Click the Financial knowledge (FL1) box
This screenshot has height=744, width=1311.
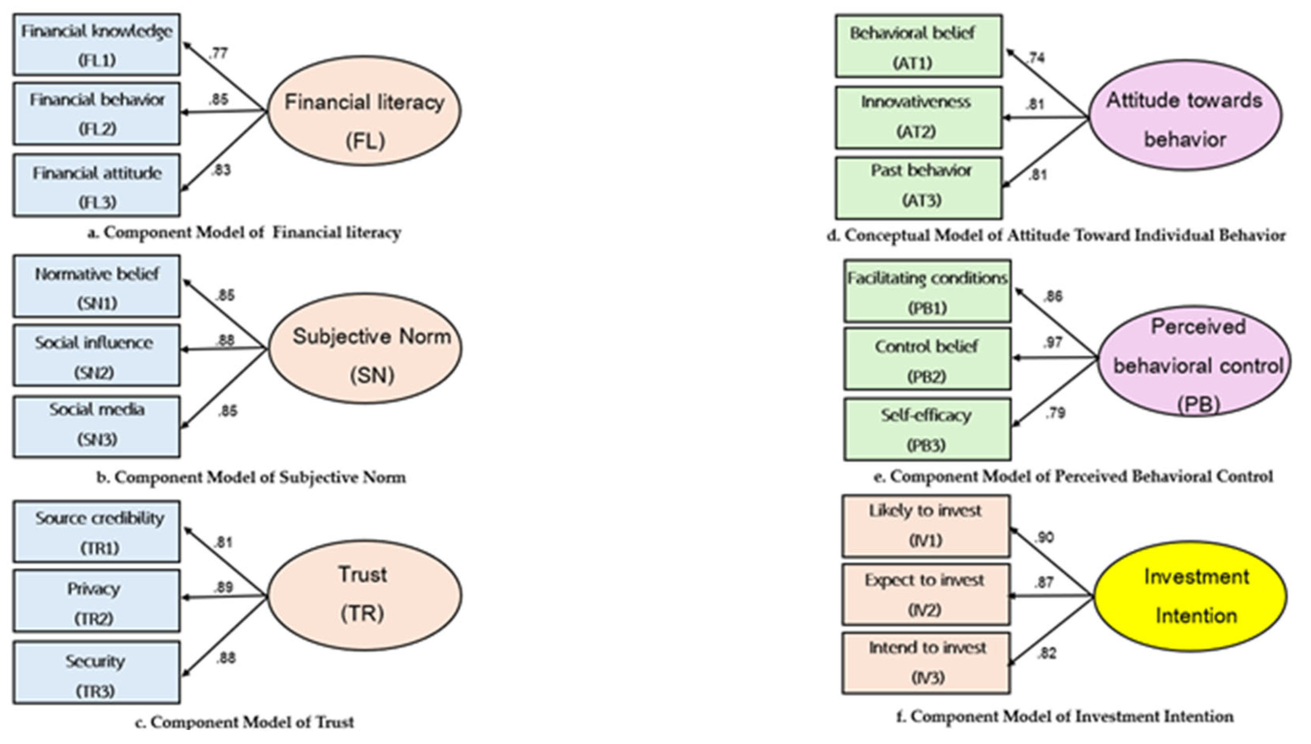(x=96, y=45)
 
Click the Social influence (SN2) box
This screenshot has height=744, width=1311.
(x=96, y=356)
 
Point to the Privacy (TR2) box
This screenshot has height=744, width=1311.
(x=96, y=602)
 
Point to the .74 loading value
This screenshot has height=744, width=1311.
(x=1036, y=58)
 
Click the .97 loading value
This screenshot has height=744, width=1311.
(x=1052, y=342)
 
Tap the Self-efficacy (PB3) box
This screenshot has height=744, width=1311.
(x=927, y=430)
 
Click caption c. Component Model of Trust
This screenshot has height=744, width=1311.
(x=244, y=722)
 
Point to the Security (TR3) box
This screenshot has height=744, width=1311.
(x=96, y=673)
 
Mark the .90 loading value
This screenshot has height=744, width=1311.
(x=1044, y=537)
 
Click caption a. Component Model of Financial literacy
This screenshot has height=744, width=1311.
(x=244, y=233)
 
